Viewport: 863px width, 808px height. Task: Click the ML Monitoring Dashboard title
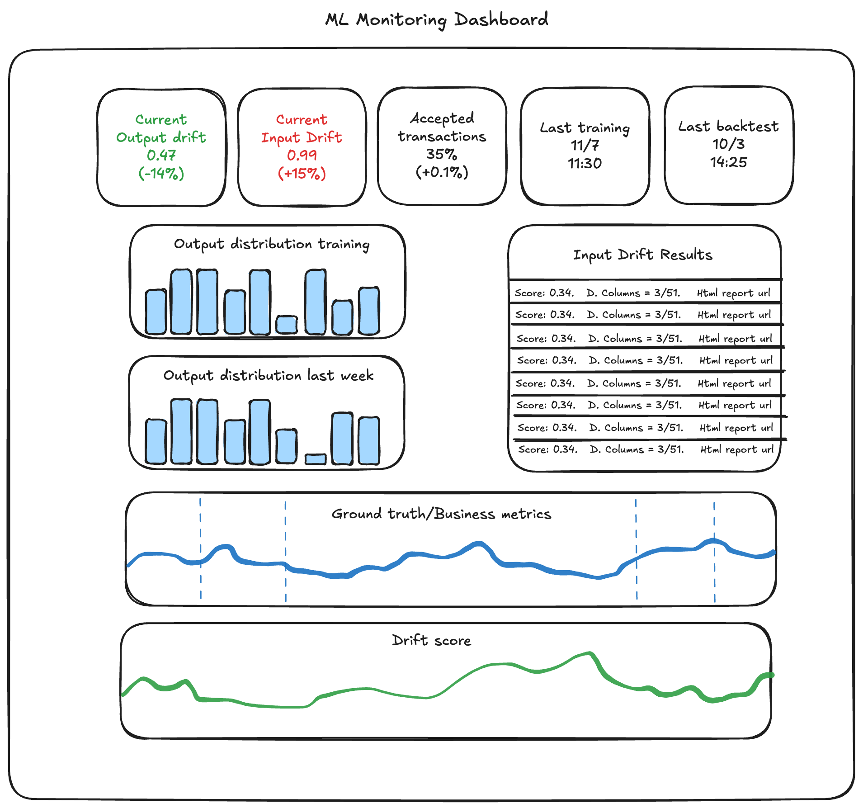point(436,20)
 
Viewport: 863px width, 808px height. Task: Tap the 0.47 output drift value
point(161,155)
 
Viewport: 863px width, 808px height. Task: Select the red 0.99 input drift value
point(302,155)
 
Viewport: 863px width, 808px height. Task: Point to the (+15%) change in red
point(302,173)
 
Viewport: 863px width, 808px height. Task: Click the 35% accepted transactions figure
point(442,154)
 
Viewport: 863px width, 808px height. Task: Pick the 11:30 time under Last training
point(585,163)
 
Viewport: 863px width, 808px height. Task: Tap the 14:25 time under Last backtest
point(729,162)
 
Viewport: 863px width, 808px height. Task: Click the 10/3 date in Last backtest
point(729,144)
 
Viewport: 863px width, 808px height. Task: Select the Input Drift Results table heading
point(642,255)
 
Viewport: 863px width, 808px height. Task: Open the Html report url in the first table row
point(733,293)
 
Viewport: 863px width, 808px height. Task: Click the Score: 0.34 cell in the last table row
point(547,449)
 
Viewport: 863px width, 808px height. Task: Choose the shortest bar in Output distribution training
point(287,325)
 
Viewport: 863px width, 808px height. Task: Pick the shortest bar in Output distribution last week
point(316,459)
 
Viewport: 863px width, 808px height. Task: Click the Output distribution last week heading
point(269,375)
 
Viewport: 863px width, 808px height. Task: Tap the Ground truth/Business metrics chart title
point(441,514)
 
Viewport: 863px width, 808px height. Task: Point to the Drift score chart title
point(431,640)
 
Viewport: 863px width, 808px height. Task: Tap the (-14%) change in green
point(161,173)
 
